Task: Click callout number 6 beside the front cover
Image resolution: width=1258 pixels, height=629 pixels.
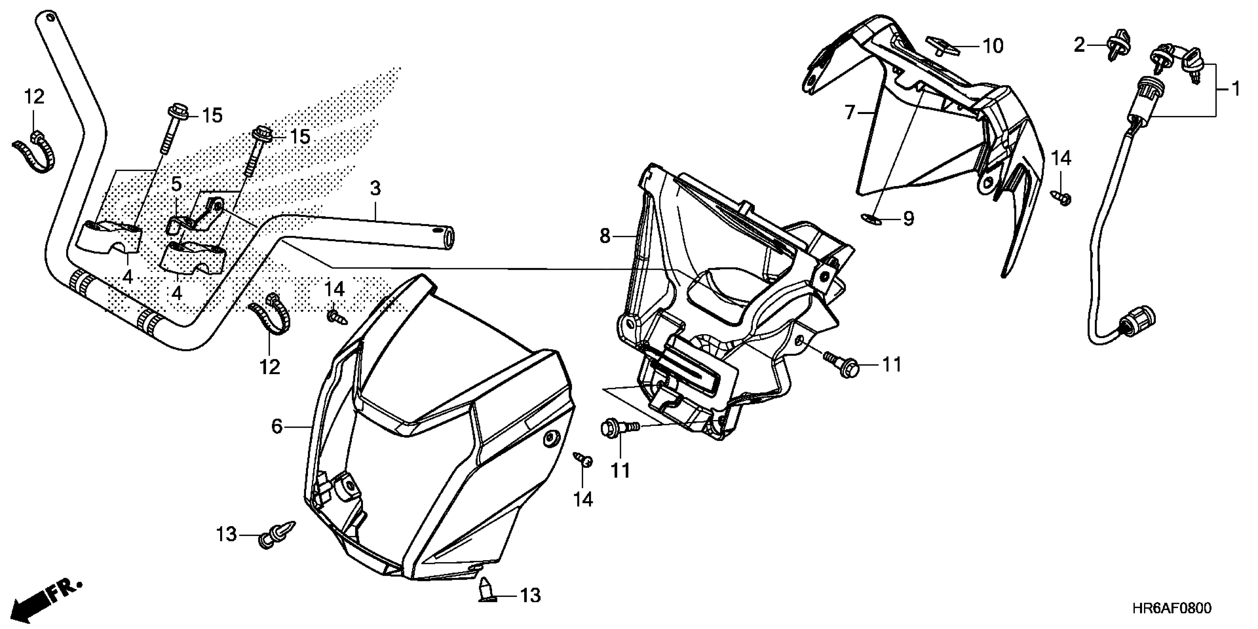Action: tap(277, 427)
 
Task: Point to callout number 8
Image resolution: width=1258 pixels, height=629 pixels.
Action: tap(605, 236)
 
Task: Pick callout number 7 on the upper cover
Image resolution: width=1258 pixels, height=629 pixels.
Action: tap(850, 113)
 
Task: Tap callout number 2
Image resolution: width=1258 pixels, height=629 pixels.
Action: tap(1079, 46)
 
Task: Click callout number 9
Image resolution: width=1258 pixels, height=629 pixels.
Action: tap(908, 219)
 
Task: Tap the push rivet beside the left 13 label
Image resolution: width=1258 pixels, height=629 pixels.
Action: tap(277, 533)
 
